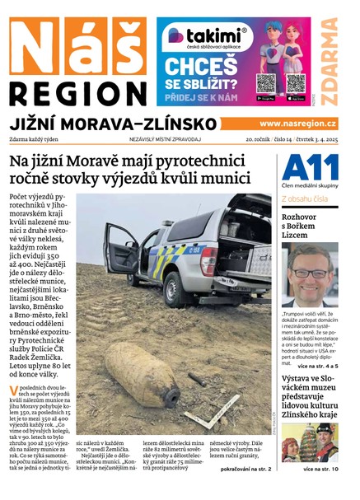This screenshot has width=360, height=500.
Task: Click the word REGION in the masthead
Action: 77,91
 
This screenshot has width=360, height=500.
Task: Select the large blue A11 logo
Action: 309,170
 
